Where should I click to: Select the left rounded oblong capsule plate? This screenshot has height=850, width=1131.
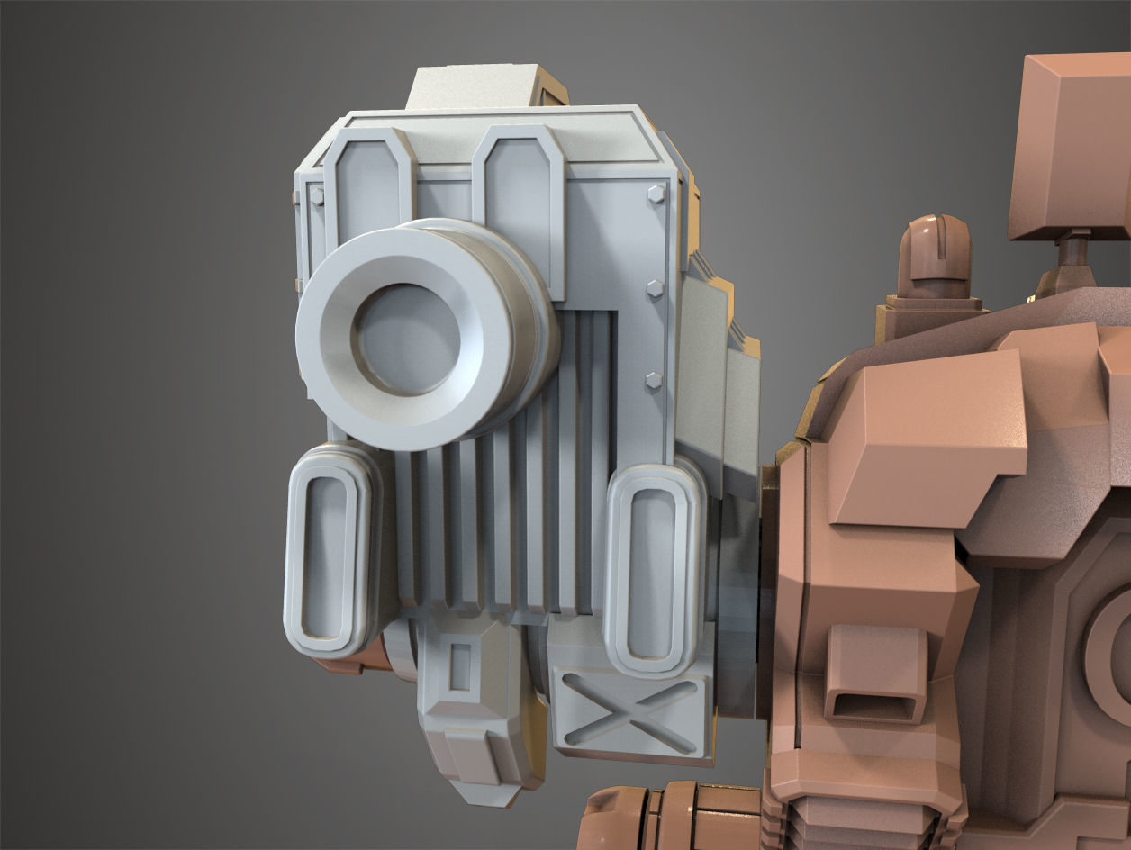click(x=329, y=551)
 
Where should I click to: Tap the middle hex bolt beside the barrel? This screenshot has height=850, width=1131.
click(x=654, y=288)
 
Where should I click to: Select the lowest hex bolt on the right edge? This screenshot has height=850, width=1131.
click(x=653, y=382)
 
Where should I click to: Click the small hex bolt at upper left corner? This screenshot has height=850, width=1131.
click(x=316, y=195)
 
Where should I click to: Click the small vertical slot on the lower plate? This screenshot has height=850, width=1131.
click(x=460, y=666)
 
